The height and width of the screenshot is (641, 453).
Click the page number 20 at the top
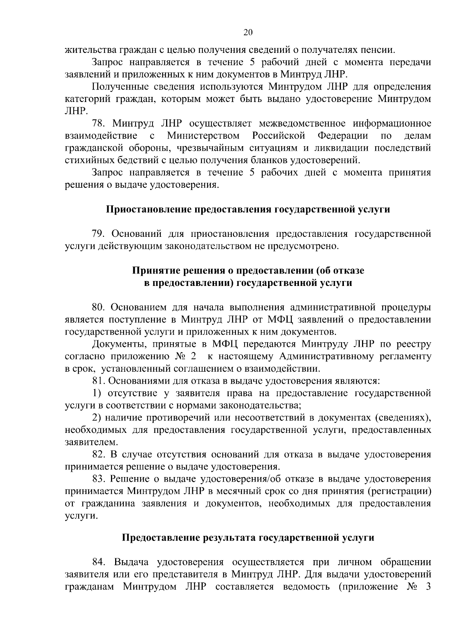(x=248, y=32)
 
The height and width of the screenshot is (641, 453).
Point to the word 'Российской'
(x=279, y=136)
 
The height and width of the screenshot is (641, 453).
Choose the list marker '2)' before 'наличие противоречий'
(x=97, y=418)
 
